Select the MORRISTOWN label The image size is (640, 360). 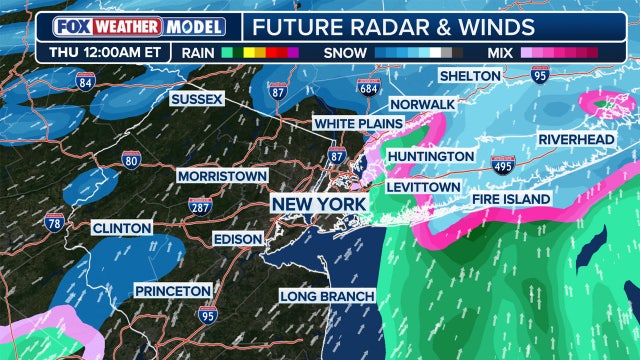point(222,176)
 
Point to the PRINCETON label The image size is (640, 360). point(174,290)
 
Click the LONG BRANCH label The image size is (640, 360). point(327,296)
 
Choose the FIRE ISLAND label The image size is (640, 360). point(511,200)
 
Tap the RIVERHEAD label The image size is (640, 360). point(576,139)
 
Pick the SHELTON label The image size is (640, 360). point(472,77)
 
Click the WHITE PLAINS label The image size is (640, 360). point(357,123)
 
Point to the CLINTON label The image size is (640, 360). point(121,228)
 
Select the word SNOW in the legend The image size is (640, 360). point(346,51)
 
